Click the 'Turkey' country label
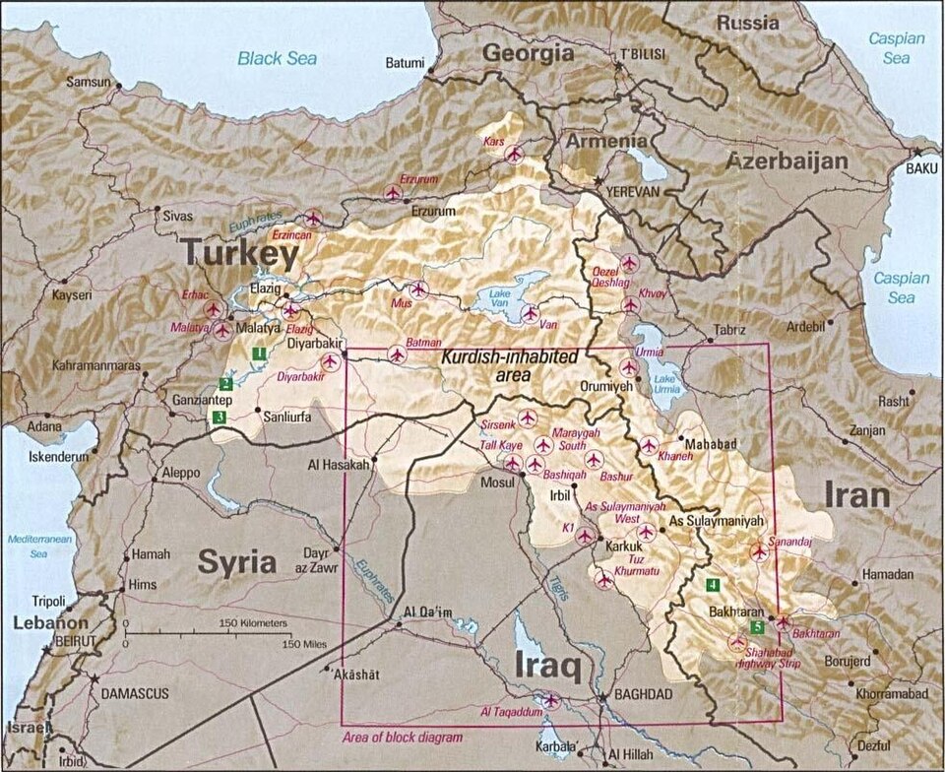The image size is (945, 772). tap(238, 255)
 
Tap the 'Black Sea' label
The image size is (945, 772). tap(277, 58)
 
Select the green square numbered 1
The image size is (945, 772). tap(259, 354)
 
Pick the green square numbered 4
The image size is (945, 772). tap(712, 584)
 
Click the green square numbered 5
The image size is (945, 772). tap(756, 627)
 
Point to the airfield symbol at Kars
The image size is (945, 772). tap(513, 154)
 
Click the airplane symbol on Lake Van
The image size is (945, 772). tap(531, 313)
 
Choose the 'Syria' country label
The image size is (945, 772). tap(236, 562)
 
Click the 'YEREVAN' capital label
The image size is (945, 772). tap(631, 191)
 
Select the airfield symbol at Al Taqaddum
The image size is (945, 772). tap(551, 701)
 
